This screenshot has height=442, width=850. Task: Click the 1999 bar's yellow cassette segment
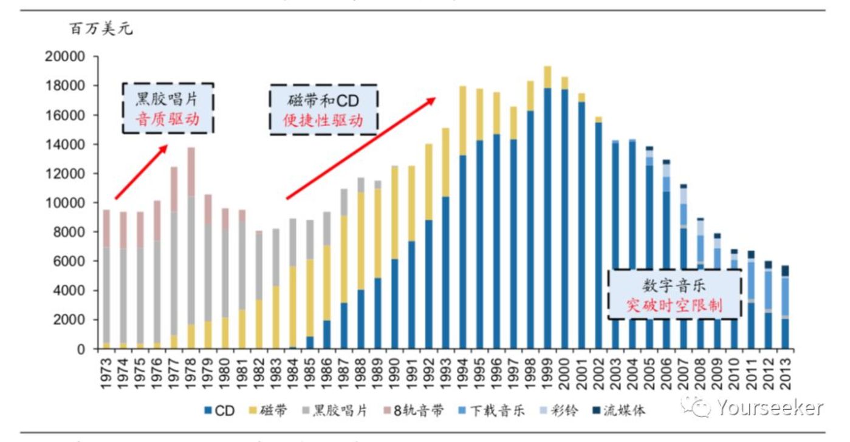coord(547,77)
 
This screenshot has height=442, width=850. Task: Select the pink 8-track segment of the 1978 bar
coord(191,172)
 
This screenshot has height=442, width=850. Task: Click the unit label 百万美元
coord(101,29)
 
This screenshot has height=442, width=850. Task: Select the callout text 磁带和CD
coord(323,100)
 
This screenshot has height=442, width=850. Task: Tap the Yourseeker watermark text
coord(769,407)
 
